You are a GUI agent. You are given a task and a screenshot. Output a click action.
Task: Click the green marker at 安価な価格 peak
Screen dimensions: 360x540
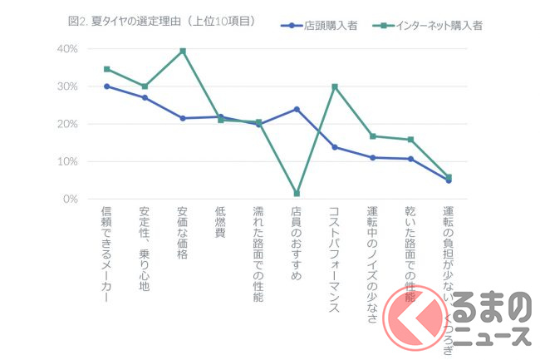[183, 52]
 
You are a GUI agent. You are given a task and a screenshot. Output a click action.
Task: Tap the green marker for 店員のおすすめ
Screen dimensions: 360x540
[297, 194]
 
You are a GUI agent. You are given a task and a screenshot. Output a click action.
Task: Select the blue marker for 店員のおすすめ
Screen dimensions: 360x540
[297, 109]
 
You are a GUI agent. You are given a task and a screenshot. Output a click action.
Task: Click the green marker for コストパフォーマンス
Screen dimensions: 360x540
[335, 86]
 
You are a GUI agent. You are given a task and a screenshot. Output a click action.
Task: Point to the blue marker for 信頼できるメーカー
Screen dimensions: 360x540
[106, 86]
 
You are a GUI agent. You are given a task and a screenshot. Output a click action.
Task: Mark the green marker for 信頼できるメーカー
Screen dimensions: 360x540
[106, 69]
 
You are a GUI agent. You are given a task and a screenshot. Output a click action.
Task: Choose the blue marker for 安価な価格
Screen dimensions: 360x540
[183, 118]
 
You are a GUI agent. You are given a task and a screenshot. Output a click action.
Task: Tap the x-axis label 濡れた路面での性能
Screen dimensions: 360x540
[258, 254]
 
